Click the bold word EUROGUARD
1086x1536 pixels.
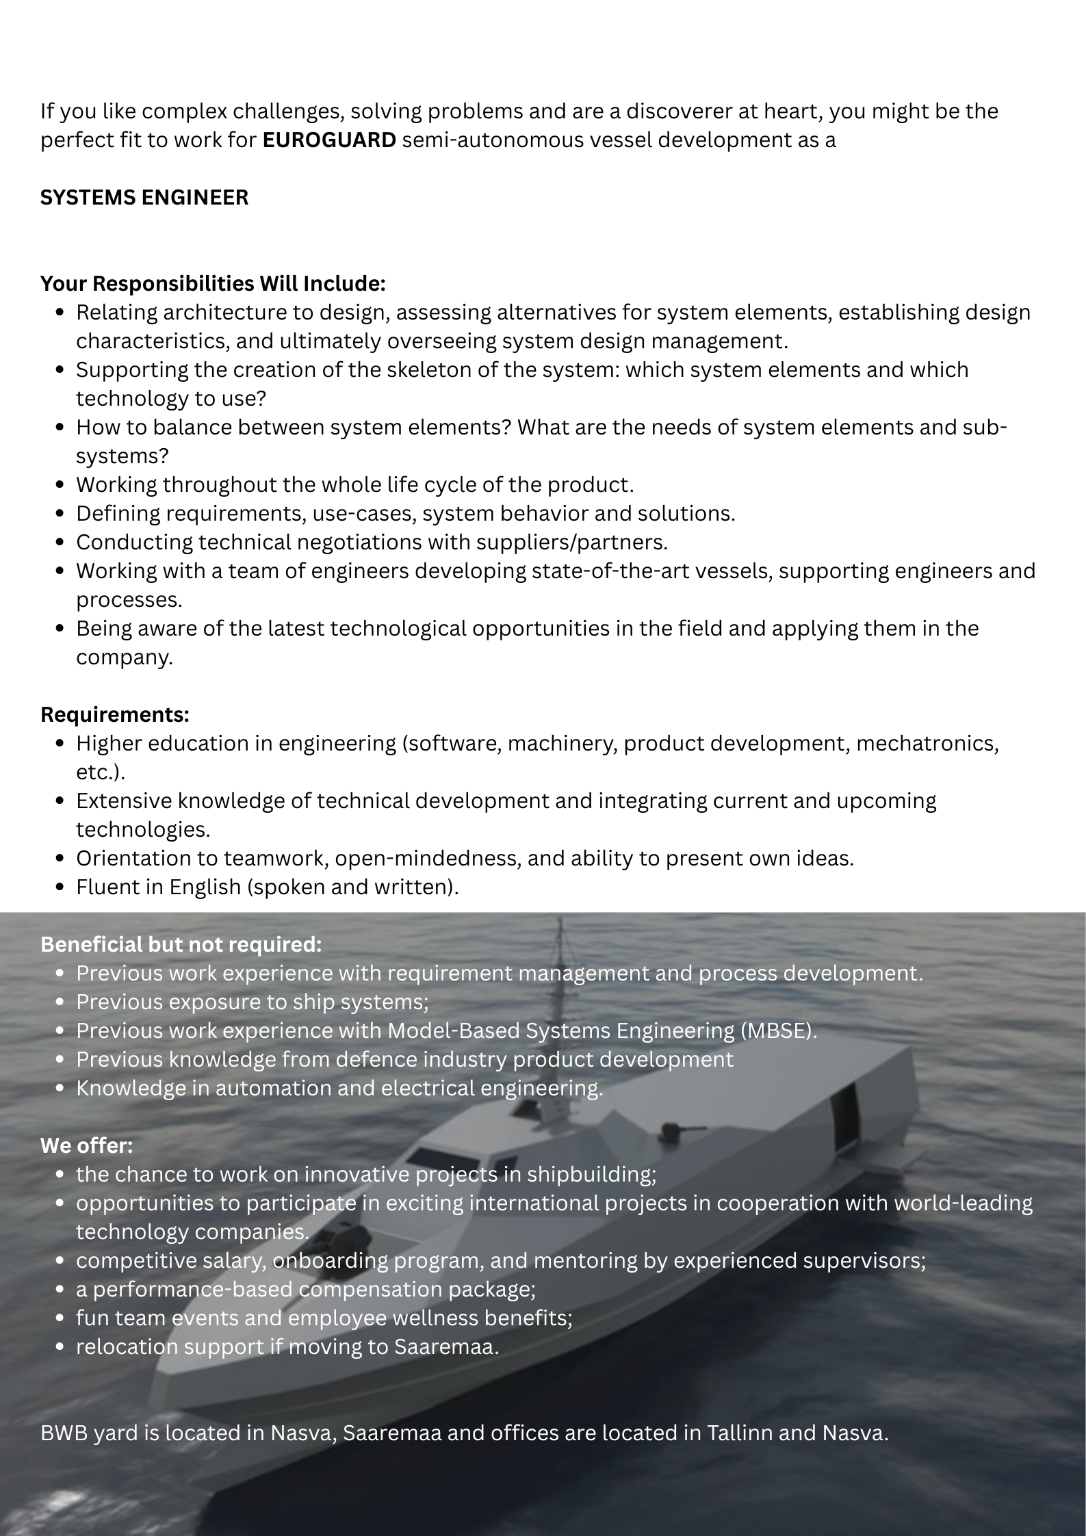[329, 140]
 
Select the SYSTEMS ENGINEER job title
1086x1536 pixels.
[144, 198]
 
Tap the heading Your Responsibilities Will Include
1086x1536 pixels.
[213, 283]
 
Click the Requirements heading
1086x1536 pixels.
[115, 714]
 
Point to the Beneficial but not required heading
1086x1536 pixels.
[181, 944]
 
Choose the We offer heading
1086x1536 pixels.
[87, 1145]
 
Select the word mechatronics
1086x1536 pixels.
[927, 743]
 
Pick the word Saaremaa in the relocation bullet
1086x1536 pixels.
[446, 1346]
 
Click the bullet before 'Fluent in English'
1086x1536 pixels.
[61, 887]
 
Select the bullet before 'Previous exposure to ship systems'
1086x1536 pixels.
[61, 1002]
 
